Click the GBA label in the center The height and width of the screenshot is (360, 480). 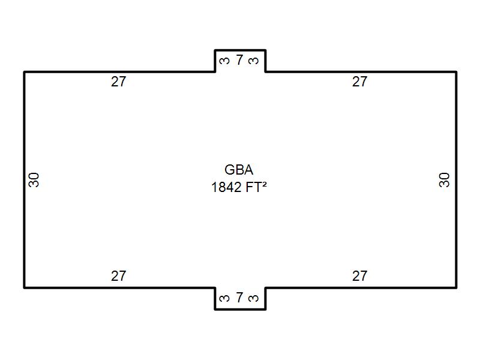point(239,170)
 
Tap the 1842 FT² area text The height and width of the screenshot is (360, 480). point(239,187)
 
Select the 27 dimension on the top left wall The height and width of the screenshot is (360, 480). point(119,82)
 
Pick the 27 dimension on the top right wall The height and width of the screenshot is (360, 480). point(359,82)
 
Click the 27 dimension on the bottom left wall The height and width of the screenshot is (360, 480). point(119,276)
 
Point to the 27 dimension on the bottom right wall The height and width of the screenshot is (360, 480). point(359,276)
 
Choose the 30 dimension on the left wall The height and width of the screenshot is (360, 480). point(34,179)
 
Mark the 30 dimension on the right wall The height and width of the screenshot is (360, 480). point(445,179)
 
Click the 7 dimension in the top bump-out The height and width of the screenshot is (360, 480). point(239,60)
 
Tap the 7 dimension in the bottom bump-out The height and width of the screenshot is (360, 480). point(239,298)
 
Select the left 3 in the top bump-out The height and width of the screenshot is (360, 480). point(224,61)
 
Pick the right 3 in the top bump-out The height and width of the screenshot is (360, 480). point(254,61)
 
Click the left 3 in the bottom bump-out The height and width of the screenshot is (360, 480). point(224,298)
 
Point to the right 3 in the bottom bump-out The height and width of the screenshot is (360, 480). point(254,298)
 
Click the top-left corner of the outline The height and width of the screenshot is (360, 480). point(25,72)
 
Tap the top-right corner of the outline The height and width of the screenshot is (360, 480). point(456,72)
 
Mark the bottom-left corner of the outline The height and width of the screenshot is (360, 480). point(25,287)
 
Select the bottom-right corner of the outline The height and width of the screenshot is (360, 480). point(456,287)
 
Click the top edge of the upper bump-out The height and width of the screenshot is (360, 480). point(240,50)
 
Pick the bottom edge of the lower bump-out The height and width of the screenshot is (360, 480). point(240,309)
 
